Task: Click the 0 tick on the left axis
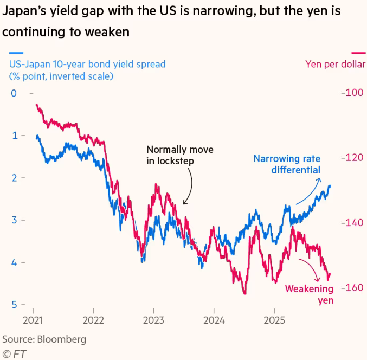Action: coord(15,93)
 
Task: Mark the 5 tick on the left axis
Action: coord(15,305)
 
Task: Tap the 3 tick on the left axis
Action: coord(15,220)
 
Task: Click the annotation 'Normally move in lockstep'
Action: coord(179,155)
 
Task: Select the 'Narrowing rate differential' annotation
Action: coord(287,164)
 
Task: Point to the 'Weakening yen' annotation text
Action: coord(310,294)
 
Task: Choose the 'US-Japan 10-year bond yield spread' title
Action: coord(87,65)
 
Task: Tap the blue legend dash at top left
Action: coord(15,53)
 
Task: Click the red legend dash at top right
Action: coord(358,53)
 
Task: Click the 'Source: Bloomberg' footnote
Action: coord(44,339)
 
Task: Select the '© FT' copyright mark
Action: coord(14,353)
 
